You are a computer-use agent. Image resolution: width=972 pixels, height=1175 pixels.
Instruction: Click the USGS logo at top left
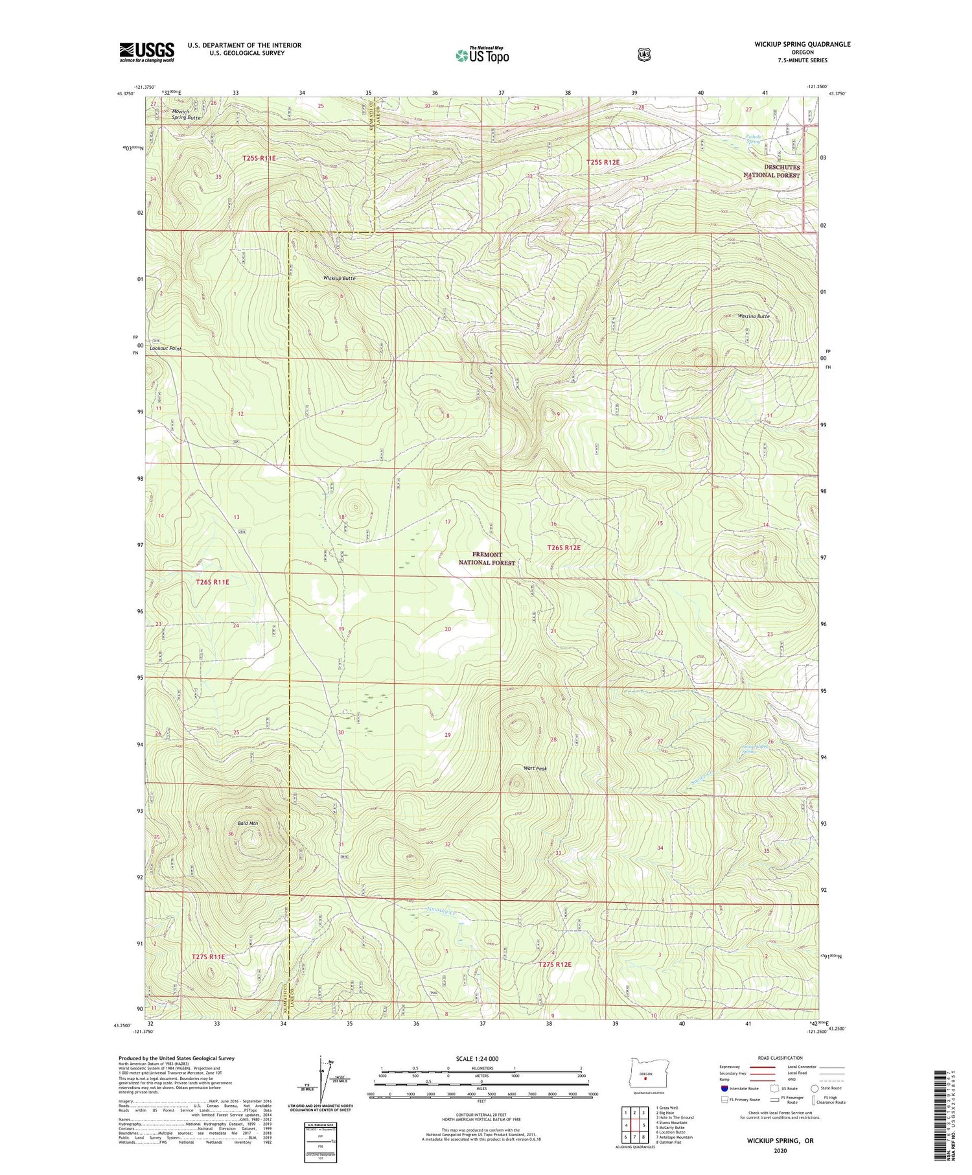[146, 52]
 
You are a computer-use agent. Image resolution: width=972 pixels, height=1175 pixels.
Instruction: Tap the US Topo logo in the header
[482, 55]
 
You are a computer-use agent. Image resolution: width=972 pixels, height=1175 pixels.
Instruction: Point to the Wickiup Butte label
[339, 278]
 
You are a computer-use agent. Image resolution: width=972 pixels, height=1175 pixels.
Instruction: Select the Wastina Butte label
[753, 316]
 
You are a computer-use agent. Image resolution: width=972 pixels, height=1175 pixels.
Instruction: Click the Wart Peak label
[535, 769]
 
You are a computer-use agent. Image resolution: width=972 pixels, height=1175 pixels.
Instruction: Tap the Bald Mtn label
[248, 823]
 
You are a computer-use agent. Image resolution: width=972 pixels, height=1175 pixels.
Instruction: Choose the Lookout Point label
[165, 349]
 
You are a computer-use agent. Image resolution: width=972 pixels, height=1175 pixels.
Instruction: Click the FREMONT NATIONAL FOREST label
[487, 559]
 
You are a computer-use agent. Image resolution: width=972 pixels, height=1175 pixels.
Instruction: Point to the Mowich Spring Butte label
[186, 115]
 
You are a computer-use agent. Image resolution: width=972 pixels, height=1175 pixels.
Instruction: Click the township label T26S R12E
[564, 548]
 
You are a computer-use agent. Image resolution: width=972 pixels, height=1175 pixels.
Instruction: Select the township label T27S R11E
[208, 957]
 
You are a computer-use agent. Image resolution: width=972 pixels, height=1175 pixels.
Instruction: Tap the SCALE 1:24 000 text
[477, 1058]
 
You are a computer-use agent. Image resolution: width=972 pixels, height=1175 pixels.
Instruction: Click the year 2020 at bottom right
[780, 1151]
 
